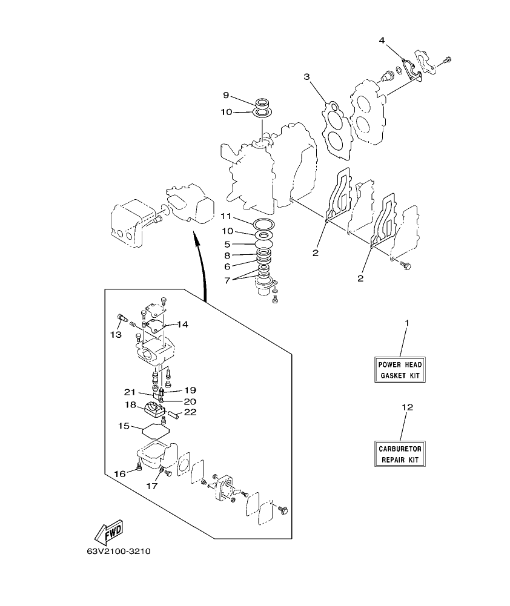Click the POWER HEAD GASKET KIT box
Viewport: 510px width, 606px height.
click(x=400, y=370)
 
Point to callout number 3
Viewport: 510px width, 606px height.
click(x=306, y=77)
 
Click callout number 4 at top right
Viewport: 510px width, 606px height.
click(x=382, y=41)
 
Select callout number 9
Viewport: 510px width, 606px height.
click(x=226, y=95)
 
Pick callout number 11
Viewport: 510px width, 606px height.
click(x=226, y=216)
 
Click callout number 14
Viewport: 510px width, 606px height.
click(x=182, y=324)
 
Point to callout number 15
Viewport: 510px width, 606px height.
click(x=124, y=426)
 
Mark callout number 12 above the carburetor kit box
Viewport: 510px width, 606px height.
click(x=407, y=407)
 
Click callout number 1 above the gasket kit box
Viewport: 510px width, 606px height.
click(x=407, y=323)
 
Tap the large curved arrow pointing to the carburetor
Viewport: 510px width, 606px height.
click(x=203, y=266)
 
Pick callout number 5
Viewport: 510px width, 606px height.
click(x=228, y=245)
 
